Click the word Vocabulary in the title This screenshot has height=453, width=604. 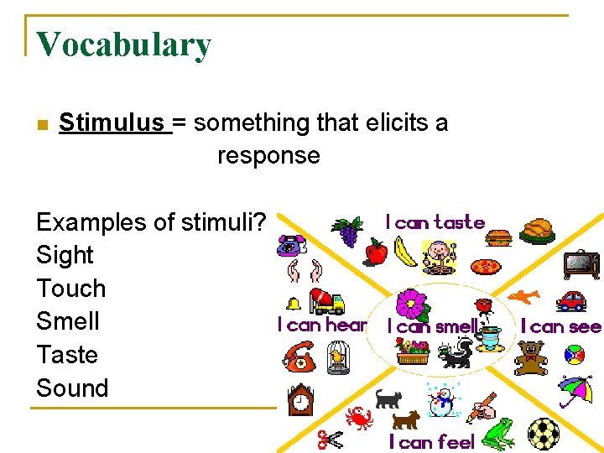[x=123, y=45]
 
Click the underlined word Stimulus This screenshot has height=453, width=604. [x=112, y=122]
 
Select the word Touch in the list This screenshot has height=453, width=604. [x=71, y=289]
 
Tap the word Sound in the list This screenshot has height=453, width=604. [x=72, y=388]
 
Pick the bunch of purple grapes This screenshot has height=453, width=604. [x=347, y=230]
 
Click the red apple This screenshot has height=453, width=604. [x=377, y=251]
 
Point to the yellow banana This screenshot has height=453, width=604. [x=405, y=252]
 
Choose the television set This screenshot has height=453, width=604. [x=581, y=263]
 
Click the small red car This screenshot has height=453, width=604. [x=571, y=300]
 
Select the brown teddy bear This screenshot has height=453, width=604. [x=531, y=358]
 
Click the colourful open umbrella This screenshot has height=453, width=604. [x=575, y=388]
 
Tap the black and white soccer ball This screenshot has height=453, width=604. [x=543, y=434]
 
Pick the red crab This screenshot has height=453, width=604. [x=360, y=417]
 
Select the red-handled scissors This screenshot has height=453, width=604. [x=330, y=440]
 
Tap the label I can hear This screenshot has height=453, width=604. [x=322, y=325]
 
